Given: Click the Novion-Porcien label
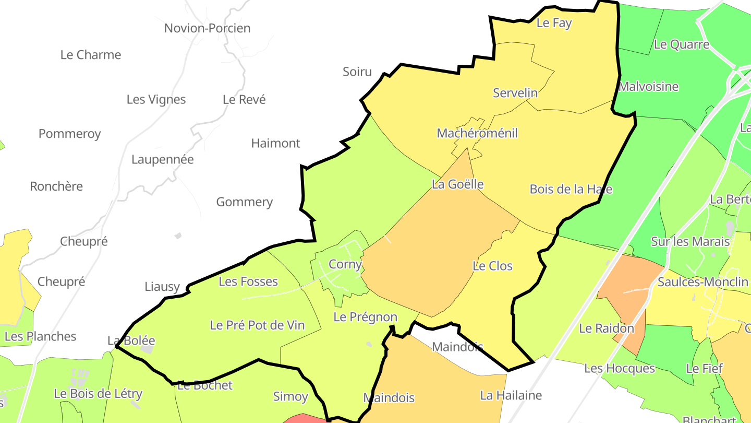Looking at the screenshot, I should point(207,28).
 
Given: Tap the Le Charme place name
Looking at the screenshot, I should point(91,55).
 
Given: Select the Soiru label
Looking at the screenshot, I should point(357,72).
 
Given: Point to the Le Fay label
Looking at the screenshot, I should point(554,23).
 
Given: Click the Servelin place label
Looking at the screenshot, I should point(515,93).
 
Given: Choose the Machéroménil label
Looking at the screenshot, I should point(477,133).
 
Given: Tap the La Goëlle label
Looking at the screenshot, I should point(457,184).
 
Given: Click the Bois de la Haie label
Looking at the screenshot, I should point(571,189).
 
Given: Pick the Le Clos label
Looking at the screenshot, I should point(492,266).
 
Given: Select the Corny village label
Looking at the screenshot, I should point(345,264).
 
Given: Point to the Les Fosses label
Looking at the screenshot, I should point(248,281).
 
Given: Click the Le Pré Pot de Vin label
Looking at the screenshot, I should point(257,325).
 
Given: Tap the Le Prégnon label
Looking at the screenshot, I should point(365,317).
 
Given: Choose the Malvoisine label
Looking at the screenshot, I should point(648,87).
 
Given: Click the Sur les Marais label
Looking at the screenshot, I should point(690,241).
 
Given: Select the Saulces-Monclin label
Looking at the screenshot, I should point(703,282).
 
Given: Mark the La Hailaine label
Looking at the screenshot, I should point(511,395).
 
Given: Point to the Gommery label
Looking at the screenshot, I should point(244,202).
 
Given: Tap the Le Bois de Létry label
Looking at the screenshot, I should point(98,394).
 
